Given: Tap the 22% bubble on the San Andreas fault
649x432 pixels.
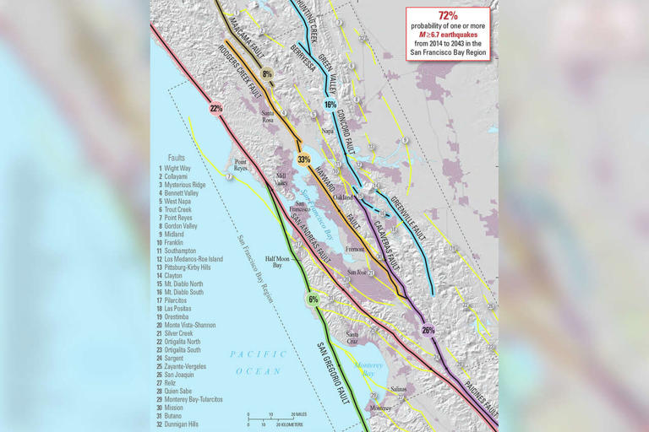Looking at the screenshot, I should tap(216, 108).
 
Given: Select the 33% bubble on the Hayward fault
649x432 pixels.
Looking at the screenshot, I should tap(303, 159).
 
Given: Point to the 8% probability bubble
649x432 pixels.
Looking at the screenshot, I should tap(268, 75).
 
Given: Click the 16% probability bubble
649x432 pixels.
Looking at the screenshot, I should tap(330, 105).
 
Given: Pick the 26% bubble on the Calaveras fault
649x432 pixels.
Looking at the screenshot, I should tap(428, 330).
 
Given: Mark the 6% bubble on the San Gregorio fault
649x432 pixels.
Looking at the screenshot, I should tap(313, 300).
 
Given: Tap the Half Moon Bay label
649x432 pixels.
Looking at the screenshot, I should tap(278, 262).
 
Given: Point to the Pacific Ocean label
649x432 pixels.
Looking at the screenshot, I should tap(251, 362).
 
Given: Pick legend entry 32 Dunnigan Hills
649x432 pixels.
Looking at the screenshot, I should tap(187, 424).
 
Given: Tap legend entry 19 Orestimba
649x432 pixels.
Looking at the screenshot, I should tap(182, 316).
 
